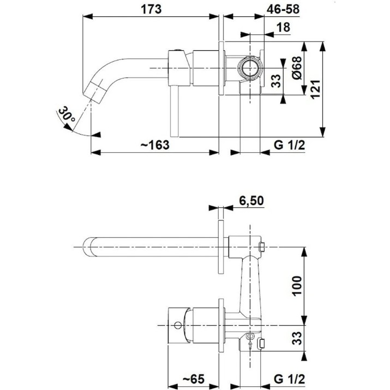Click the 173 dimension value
151,9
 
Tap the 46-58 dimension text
283,9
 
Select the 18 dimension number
283,27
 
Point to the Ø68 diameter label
297,68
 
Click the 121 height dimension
315,89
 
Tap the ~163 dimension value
155,145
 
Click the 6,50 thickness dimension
251,201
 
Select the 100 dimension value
297,286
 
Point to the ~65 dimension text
194,379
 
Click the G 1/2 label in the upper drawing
289,145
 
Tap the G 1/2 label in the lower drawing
289,379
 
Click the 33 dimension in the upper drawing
275,81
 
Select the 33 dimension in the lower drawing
297,338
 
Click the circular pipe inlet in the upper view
250,68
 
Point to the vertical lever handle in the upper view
175,111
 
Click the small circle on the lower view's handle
178,325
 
